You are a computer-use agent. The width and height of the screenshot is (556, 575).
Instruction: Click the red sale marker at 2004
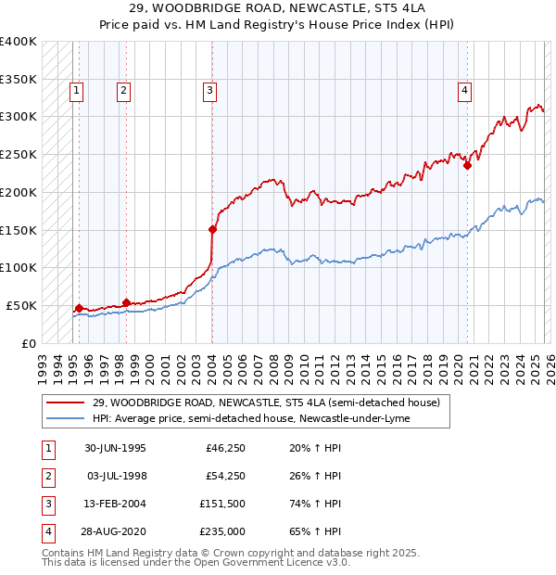(x=212, y=228)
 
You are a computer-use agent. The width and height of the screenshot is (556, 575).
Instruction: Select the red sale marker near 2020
(x=467, y=166)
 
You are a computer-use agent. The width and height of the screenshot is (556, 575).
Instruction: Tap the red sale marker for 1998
(x=126, y=301)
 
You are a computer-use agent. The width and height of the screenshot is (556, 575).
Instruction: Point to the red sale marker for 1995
(x=79, y=308)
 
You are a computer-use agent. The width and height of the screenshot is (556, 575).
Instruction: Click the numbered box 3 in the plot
(x=210, y=90)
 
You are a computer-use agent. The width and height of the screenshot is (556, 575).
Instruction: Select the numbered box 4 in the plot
(x=464, y=90)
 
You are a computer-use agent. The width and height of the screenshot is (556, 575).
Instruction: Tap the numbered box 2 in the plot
(x=123, y=90)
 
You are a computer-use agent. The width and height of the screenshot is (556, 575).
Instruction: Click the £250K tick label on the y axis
(x=19, y=154)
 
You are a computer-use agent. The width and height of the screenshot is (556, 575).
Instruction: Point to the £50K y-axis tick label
(x=21, y=305)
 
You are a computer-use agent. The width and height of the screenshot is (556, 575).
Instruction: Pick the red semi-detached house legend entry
(x=272, y=402)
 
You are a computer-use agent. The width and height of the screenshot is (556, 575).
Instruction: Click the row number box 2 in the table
(x=47, y=478)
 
